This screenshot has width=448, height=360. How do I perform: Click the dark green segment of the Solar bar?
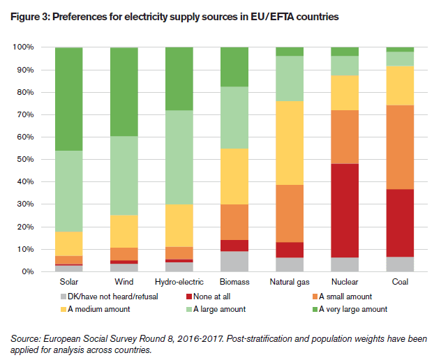tap(68, 98)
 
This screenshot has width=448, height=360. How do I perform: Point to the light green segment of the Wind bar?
tap(124, 176)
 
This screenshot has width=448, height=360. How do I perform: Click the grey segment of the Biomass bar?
tap(234, 261)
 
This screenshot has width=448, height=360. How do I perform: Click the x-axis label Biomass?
tap(234, 283)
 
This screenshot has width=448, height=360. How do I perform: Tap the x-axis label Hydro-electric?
tap(179, 283)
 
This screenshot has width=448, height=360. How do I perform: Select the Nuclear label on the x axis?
tap(345, 283)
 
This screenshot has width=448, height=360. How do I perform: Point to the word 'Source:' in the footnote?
tap(26, 338)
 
